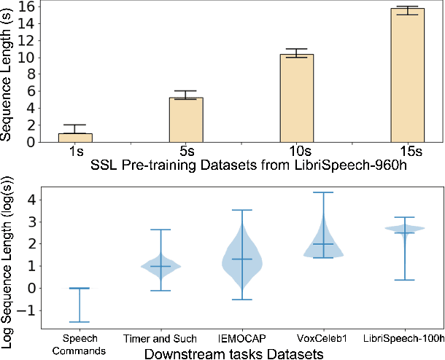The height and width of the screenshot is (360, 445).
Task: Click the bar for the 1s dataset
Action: click(75, 138)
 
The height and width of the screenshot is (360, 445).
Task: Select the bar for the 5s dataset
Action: click(186, 120)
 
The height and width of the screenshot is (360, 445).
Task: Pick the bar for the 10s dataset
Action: click(297, 98)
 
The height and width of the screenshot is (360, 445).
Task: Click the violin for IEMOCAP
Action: click(241, 259)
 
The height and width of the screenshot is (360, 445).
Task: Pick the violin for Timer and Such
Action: click(159, 266)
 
